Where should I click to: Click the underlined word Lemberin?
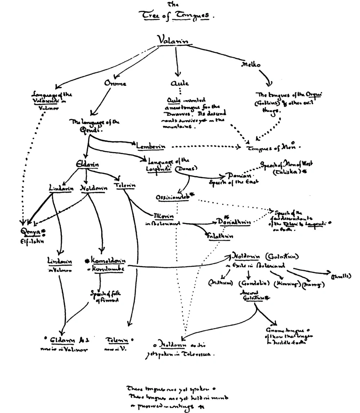pyautogui.click(x=150, y=146)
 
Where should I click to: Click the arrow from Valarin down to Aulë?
pyautogui.click(x=176, y=61)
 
